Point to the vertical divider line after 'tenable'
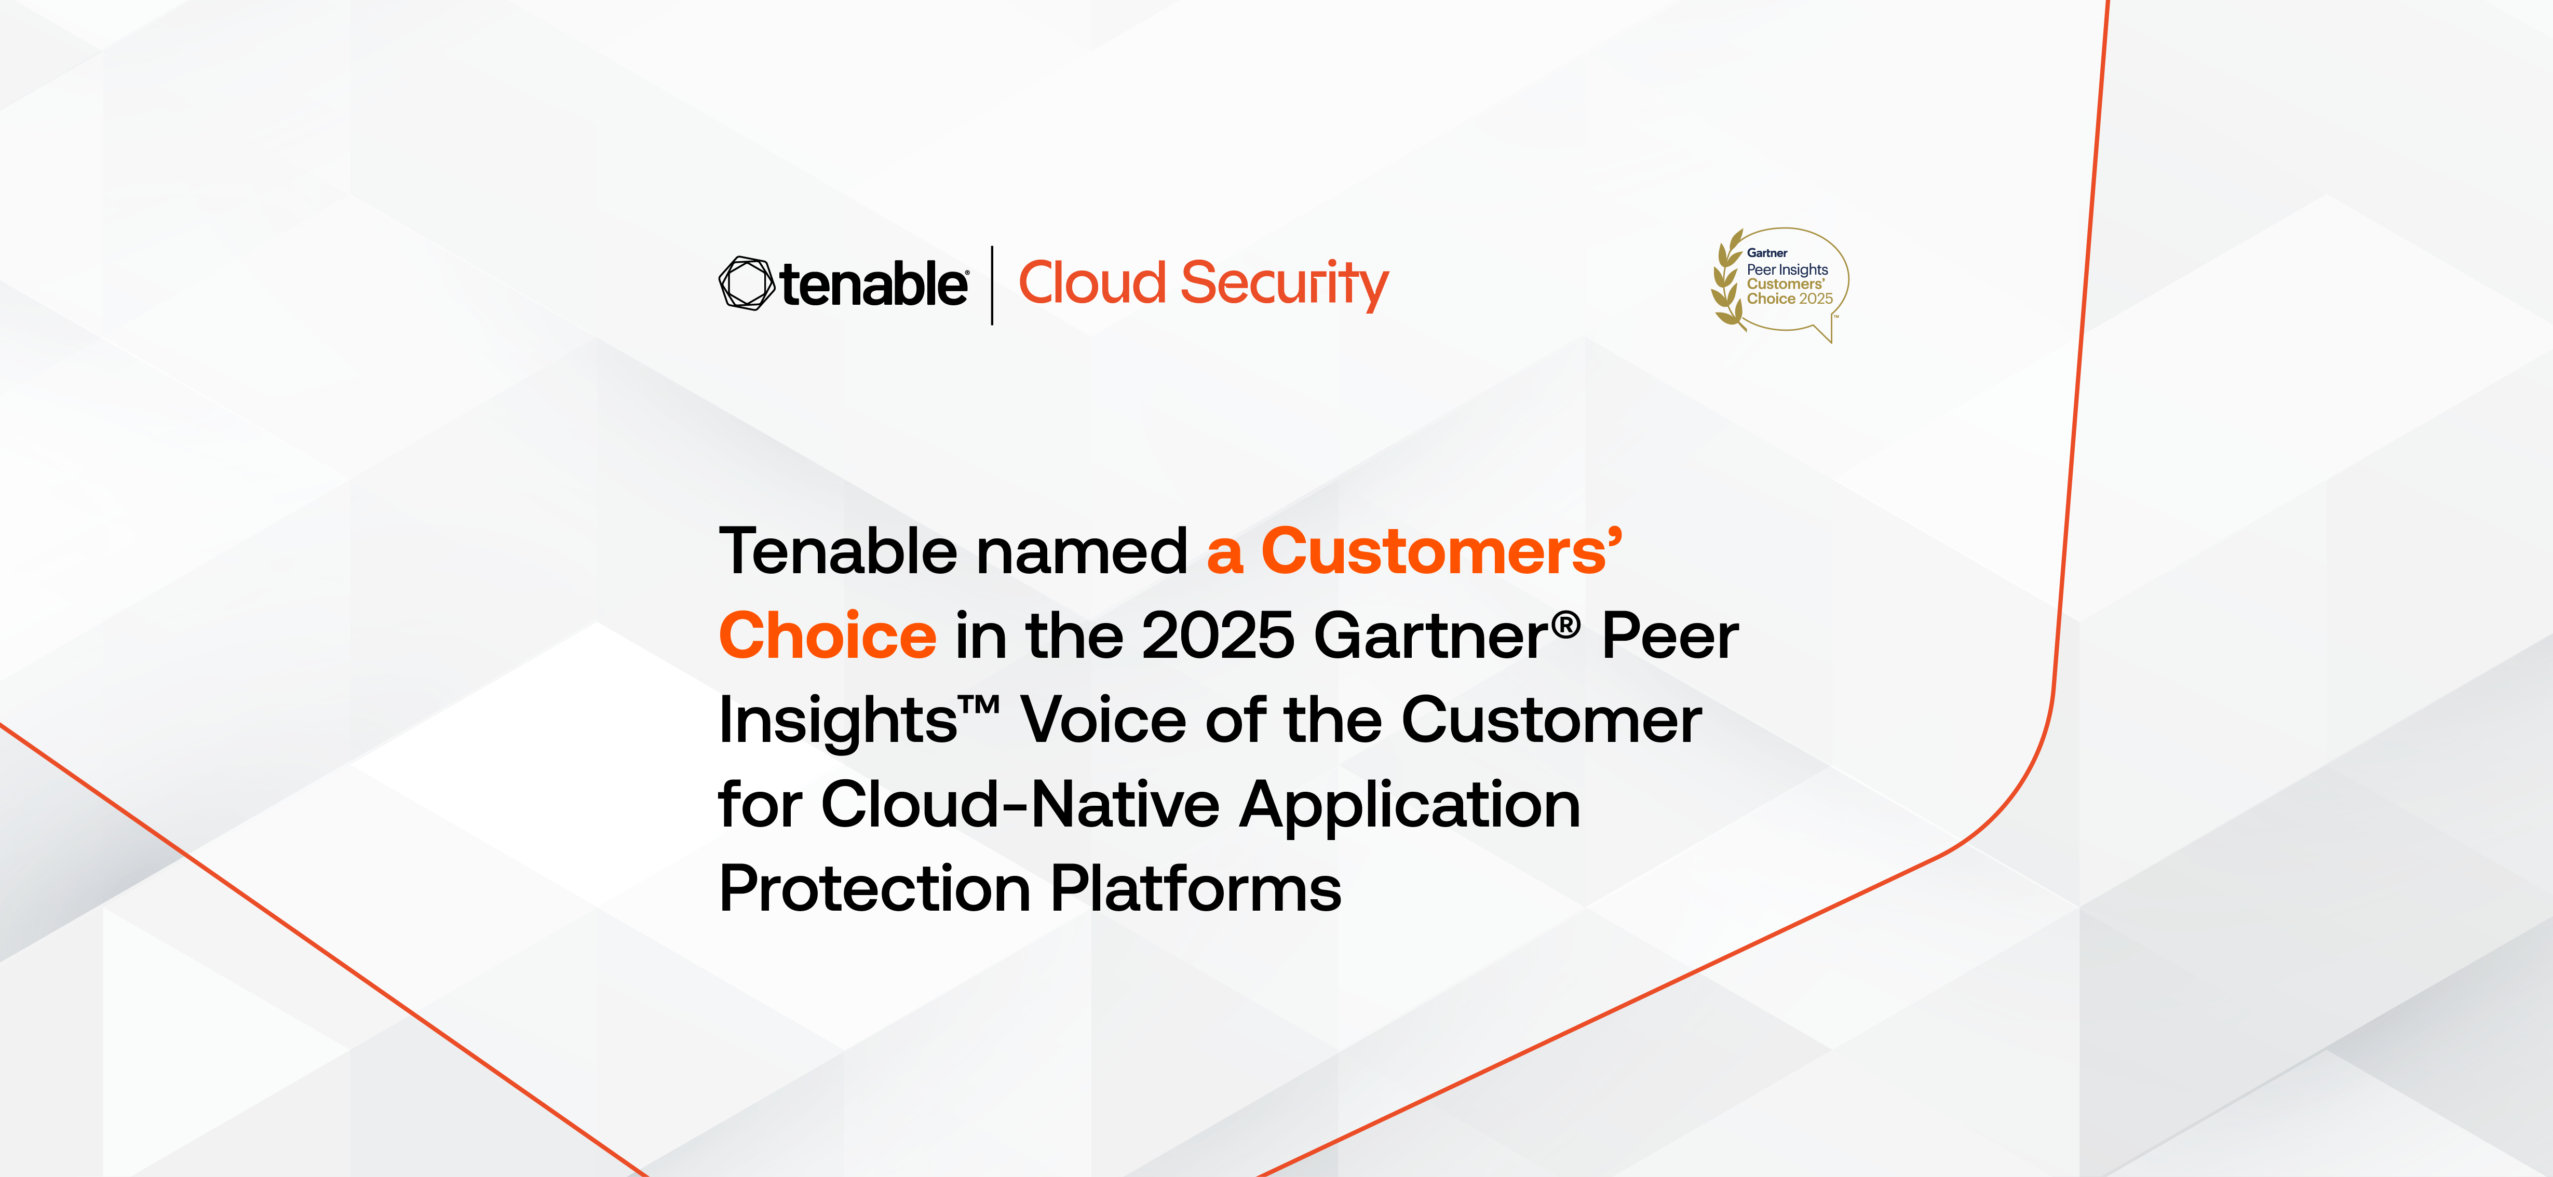pos(992,286)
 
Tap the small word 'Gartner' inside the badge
pos(1767,253)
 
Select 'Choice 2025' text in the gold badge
pos(1790,298)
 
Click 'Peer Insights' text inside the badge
pos(1787,269)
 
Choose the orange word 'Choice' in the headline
pos(828,635)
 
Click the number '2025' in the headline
pos(1218,635)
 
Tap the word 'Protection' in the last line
pos(875,889)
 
